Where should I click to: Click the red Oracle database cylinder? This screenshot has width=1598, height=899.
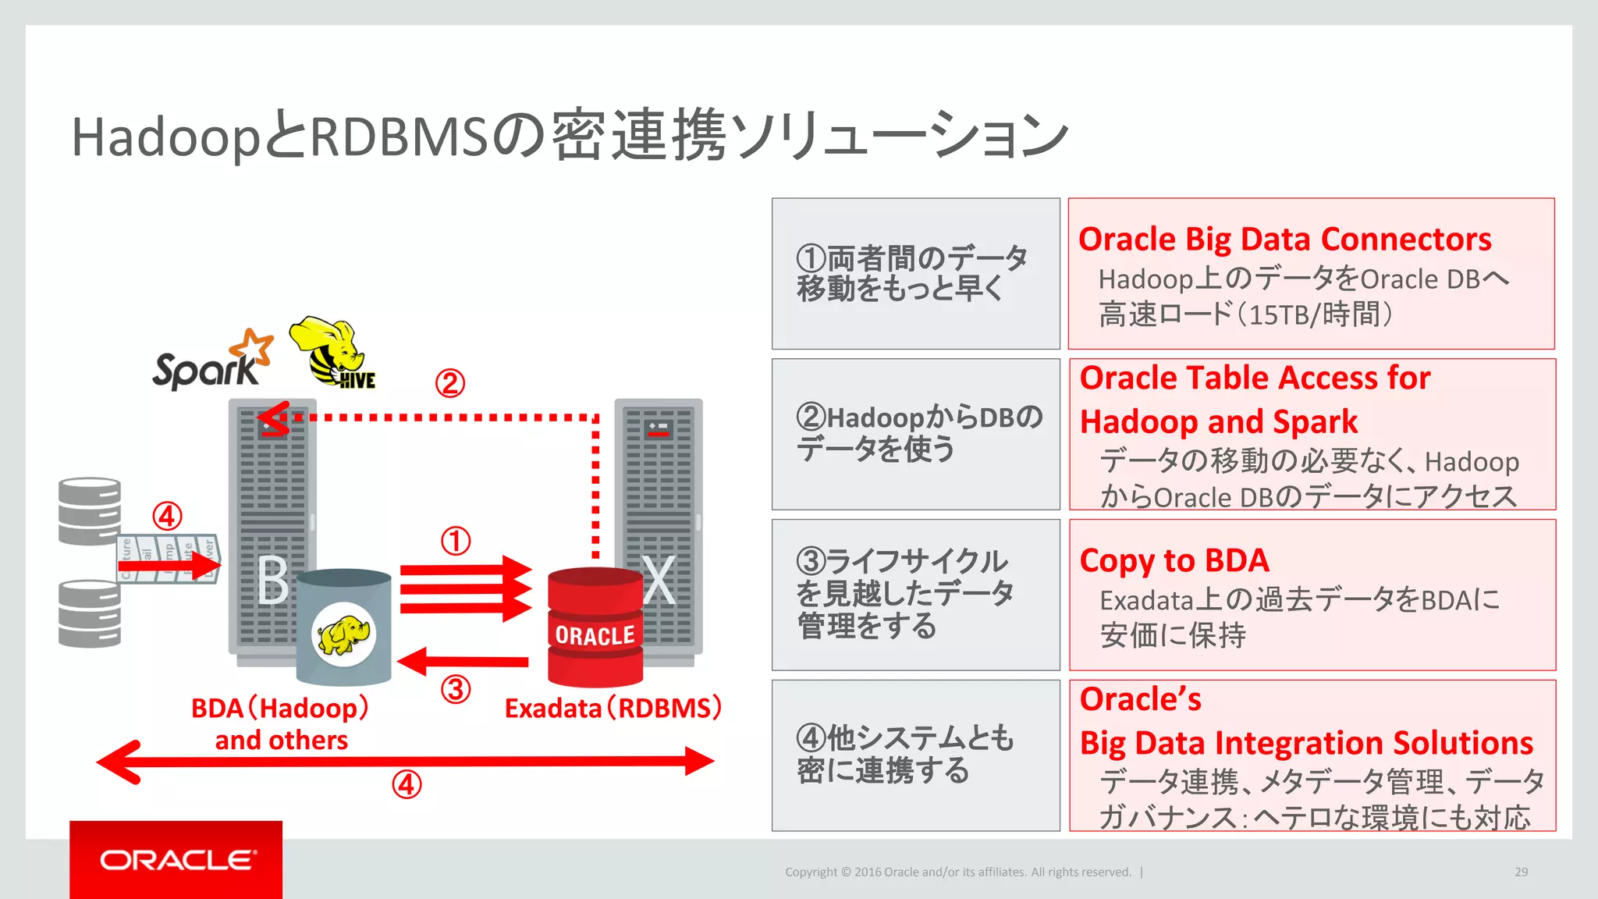coord(595,628)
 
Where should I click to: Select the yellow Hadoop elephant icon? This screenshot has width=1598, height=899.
coord(343,634)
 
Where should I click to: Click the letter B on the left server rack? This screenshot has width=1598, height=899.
coord(272,581)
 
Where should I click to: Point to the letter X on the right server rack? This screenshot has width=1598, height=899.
coord(659,581)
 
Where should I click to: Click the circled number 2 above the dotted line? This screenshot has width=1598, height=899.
coord(450,383)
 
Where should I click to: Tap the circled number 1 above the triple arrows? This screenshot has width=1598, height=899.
coord(456,541)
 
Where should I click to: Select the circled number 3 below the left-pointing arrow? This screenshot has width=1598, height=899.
coord(456,690)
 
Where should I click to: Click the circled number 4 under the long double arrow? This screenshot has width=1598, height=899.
coord(407,784)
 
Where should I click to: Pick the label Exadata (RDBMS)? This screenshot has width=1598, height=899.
coord(613,708)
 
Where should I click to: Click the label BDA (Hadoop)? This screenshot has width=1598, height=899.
coord(279,708)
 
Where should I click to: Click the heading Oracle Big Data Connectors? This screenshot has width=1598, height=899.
coord(1284,239)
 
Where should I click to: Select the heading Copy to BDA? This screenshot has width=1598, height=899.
coord(1174,560)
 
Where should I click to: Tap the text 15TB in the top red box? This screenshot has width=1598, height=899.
coord(1278,315)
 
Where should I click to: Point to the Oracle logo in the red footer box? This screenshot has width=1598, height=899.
coord(176,860)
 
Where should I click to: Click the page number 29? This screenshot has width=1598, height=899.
coord(1521,872)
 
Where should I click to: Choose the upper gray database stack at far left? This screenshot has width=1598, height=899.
coord(90,511)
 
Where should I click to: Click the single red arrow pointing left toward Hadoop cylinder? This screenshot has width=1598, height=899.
coord(463,661)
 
